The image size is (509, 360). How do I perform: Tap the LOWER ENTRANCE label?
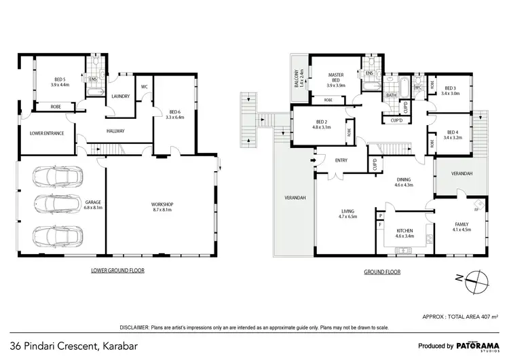coord(47,133)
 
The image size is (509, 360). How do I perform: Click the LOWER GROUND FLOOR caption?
coord(117,270)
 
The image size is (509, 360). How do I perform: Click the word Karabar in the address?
coord(126,344)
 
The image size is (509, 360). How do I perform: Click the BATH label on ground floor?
coord(392,96)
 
